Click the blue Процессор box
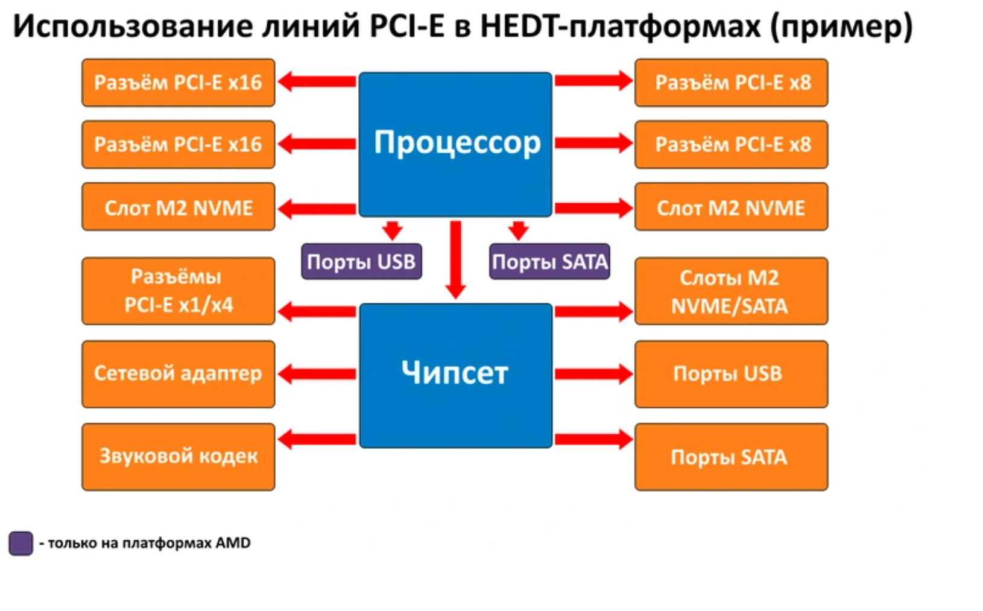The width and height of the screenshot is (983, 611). (x=455, y=144)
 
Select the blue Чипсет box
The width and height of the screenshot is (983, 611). (x=455, y=375)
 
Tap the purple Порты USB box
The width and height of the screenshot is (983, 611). (x=361, y=261)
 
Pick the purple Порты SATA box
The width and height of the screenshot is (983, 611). (x=549, y=261)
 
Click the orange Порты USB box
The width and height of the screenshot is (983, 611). (x=731, y=374)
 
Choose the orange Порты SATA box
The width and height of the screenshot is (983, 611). (x=731, y=457)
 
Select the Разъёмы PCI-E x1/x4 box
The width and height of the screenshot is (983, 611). (x=179, y=291)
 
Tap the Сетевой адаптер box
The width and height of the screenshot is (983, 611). (x=179, y=374)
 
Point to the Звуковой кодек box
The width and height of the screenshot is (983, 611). (x=179, y=457)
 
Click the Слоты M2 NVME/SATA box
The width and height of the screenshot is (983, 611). (x=731, y=291)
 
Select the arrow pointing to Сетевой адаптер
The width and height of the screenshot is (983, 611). (x=317, y=374)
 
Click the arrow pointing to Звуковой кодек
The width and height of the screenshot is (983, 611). (x=317, y=438)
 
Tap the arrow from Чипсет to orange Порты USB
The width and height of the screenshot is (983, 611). (x=593, y=374)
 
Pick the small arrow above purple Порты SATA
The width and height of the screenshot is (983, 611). (x=519, y=230)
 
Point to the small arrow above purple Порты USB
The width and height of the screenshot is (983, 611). (x=392, y=230)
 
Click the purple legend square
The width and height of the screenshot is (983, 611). (x=21, y=543)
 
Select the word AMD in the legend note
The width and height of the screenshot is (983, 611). (x=233, y=543)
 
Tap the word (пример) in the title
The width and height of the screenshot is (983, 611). (x=841, y=27)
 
